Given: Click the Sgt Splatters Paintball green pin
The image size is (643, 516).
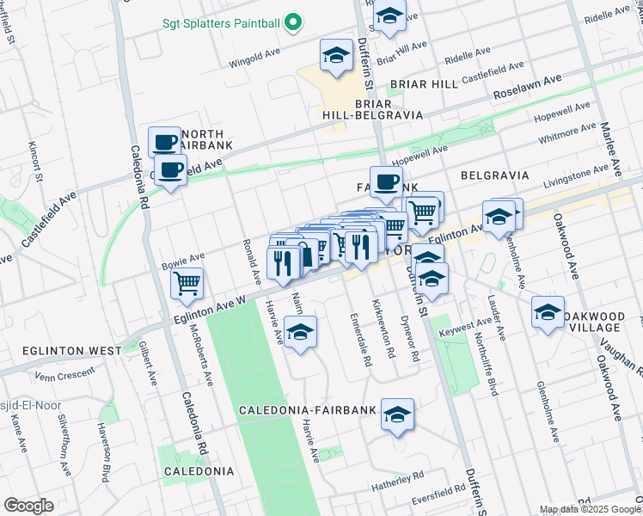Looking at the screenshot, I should coord(292,21).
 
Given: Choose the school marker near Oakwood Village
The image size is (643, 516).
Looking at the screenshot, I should coord(548,312).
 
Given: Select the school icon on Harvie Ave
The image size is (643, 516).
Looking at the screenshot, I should coord(300,334).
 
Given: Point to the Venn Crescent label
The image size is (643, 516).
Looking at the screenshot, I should coord(64,375).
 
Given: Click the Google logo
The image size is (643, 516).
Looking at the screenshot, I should coord(28,505).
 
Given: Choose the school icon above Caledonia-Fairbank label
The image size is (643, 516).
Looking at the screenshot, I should coord(396,415).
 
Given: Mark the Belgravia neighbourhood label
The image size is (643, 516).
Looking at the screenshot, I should coord(494,175).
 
